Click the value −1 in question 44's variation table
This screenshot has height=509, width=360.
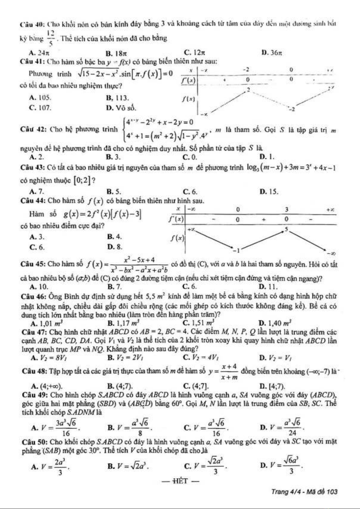(237, 250)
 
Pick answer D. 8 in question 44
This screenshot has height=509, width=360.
(115, 246)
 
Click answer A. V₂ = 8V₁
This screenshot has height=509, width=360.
(48, 358)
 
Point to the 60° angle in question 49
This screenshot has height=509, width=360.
(178, 404)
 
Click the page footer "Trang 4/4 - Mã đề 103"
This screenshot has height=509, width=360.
(304, 491)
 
